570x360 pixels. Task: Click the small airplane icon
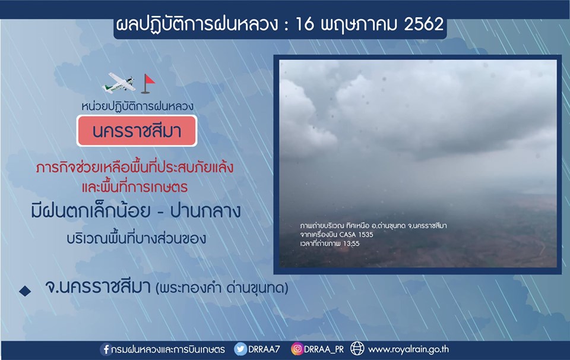pyautogui.click(x=119, y=83)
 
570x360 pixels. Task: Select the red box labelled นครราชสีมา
pyautogui.click(x=137, y=131)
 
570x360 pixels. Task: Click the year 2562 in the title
pyautogui.click(x=423, y=24)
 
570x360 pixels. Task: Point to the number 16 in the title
pyautogui.click(x=304, y=24)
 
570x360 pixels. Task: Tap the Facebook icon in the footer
pyautogui.click(x=106, y=349)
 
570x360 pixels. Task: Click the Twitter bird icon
pyautogui.click(x=240, y=349)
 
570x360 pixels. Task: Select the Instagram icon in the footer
pyautogui.click(x=297, y=349)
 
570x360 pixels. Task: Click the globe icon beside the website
pyautogui.click(x=357, y=349)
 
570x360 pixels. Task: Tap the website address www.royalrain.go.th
pyautogui.click(x=408, y=349)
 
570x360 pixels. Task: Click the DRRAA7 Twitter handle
pyautogui.click(x=264, y=349)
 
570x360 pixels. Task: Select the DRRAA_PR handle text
pyautogui.click(x=324, y=349)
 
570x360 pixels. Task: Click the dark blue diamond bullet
pyautogui.click(x=25, y=290)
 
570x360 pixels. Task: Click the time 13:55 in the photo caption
pyautogui.click(x=351, y=244)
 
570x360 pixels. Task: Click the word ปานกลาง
pyautogui.click(x=205, y=211)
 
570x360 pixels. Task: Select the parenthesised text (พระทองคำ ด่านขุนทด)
pyautogui.click(x=221, y=288)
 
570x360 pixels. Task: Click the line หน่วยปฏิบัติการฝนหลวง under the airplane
pyautogui.click(x=137, y=106)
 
